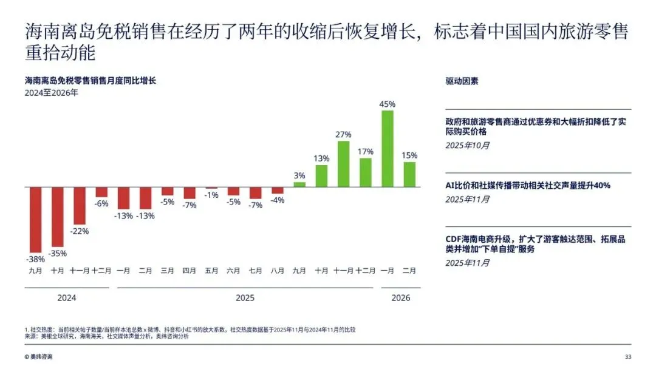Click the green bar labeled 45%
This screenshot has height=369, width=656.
388,148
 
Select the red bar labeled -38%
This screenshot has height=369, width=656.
36,220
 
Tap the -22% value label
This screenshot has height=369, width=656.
80,231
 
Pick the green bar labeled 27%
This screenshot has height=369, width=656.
343,164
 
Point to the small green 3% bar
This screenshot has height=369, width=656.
299,184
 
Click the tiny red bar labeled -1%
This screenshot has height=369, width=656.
212,188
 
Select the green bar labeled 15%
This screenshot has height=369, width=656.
409,174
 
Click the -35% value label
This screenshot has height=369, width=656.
57,253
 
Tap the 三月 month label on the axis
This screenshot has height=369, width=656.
168,271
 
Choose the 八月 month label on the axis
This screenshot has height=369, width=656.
278,271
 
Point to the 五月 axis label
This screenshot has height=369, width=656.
212,271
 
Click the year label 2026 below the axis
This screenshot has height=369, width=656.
401,297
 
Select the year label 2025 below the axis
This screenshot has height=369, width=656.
245,297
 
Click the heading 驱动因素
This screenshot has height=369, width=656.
462,81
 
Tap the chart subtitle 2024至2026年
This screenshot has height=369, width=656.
52,93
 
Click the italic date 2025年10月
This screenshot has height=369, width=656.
467,146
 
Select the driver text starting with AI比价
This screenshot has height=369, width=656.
528,186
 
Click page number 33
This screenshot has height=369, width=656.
628,356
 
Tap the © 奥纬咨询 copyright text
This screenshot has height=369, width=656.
38,356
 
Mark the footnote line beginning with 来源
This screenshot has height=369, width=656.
107,336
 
